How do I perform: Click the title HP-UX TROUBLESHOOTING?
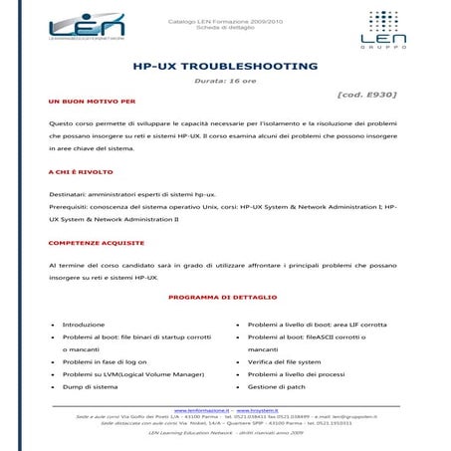[x=225, y=66]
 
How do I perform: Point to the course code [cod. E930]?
[x=366, y=95]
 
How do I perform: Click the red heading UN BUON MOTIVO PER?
[x=92, y=102]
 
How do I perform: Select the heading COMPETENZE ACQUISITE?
[x=97, y=242]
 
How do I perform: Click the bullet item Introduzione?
[x=84, y=325]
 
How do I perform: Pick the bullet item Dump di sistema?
[x=91, y=386]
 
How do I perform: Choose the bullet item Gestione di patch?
[x=276, y=386]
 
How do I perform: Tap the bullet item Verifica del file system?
[x=285, y=361]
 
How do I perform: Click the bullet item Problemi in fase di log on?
[x=105, y=361]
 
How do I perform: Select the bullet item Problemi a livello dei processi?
[x=296, y=374]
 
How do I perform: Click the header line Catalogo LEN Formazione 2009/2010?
[x=225, y=19]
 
